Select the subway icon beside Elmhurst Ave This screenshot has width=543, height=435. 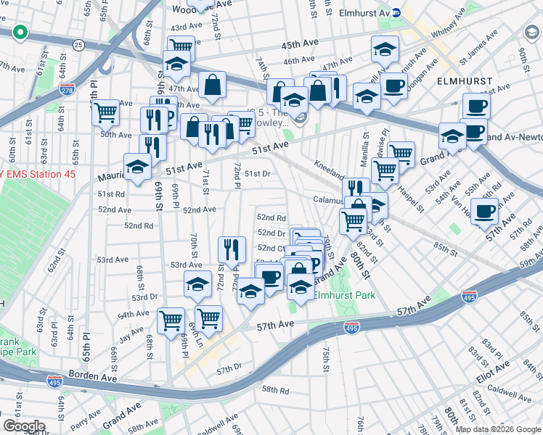pyautogui.click(x=396, y=12)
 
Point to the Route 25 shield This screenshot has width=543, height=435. pyautogui.click(x=78, y=46)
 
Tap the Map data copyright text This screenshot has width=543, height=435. pyautogui.click(x=499, y=429)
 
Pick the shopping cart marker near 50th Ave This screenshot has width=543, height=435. pyautogui.click(x=105, y=112)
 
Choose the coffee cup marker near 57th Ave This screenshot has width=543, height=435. pyautogui.click(x=484, y=211)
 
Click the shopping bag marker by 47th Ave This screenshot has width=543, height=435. pyautogui.click(x=212, y=84)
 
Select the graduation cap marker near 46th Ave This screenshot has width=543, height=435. pyautogui.click(x=385, y=49)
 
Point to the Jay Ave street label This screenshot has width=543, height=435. pyautogui.click(x=131, y=335)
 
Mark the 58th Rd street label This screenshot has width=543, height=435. pyautogui.click(x=275, y=390)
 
